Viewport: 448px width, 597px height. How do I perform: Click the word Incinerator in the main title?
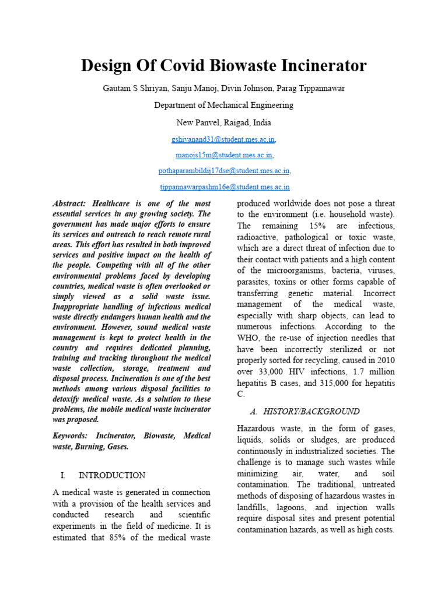(x=317, y=66)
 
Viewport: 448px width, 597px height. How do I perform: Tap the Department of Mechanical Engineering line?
(x=223, y=106)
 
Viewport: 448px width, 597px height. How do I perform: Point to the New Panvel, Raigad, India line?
(x=223, y=123)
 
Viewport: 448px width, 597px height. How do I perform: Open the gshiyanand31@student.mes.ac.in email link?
(x=223, y=140)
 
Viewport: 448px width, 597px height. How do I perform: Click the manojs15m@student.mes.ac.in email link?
(x=223, y=155)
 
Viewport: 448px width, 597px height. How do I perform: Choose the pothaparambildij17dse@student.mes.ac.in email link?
(x=224, y=171)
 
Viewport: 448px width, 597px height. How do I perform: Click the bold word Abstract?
(x=69, y=203)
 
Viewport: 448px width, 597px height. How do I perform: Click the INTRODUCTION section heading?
(x=112, y=475)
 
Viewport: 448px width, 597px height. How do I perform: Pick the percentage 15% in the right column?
(x=308, y=226)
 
